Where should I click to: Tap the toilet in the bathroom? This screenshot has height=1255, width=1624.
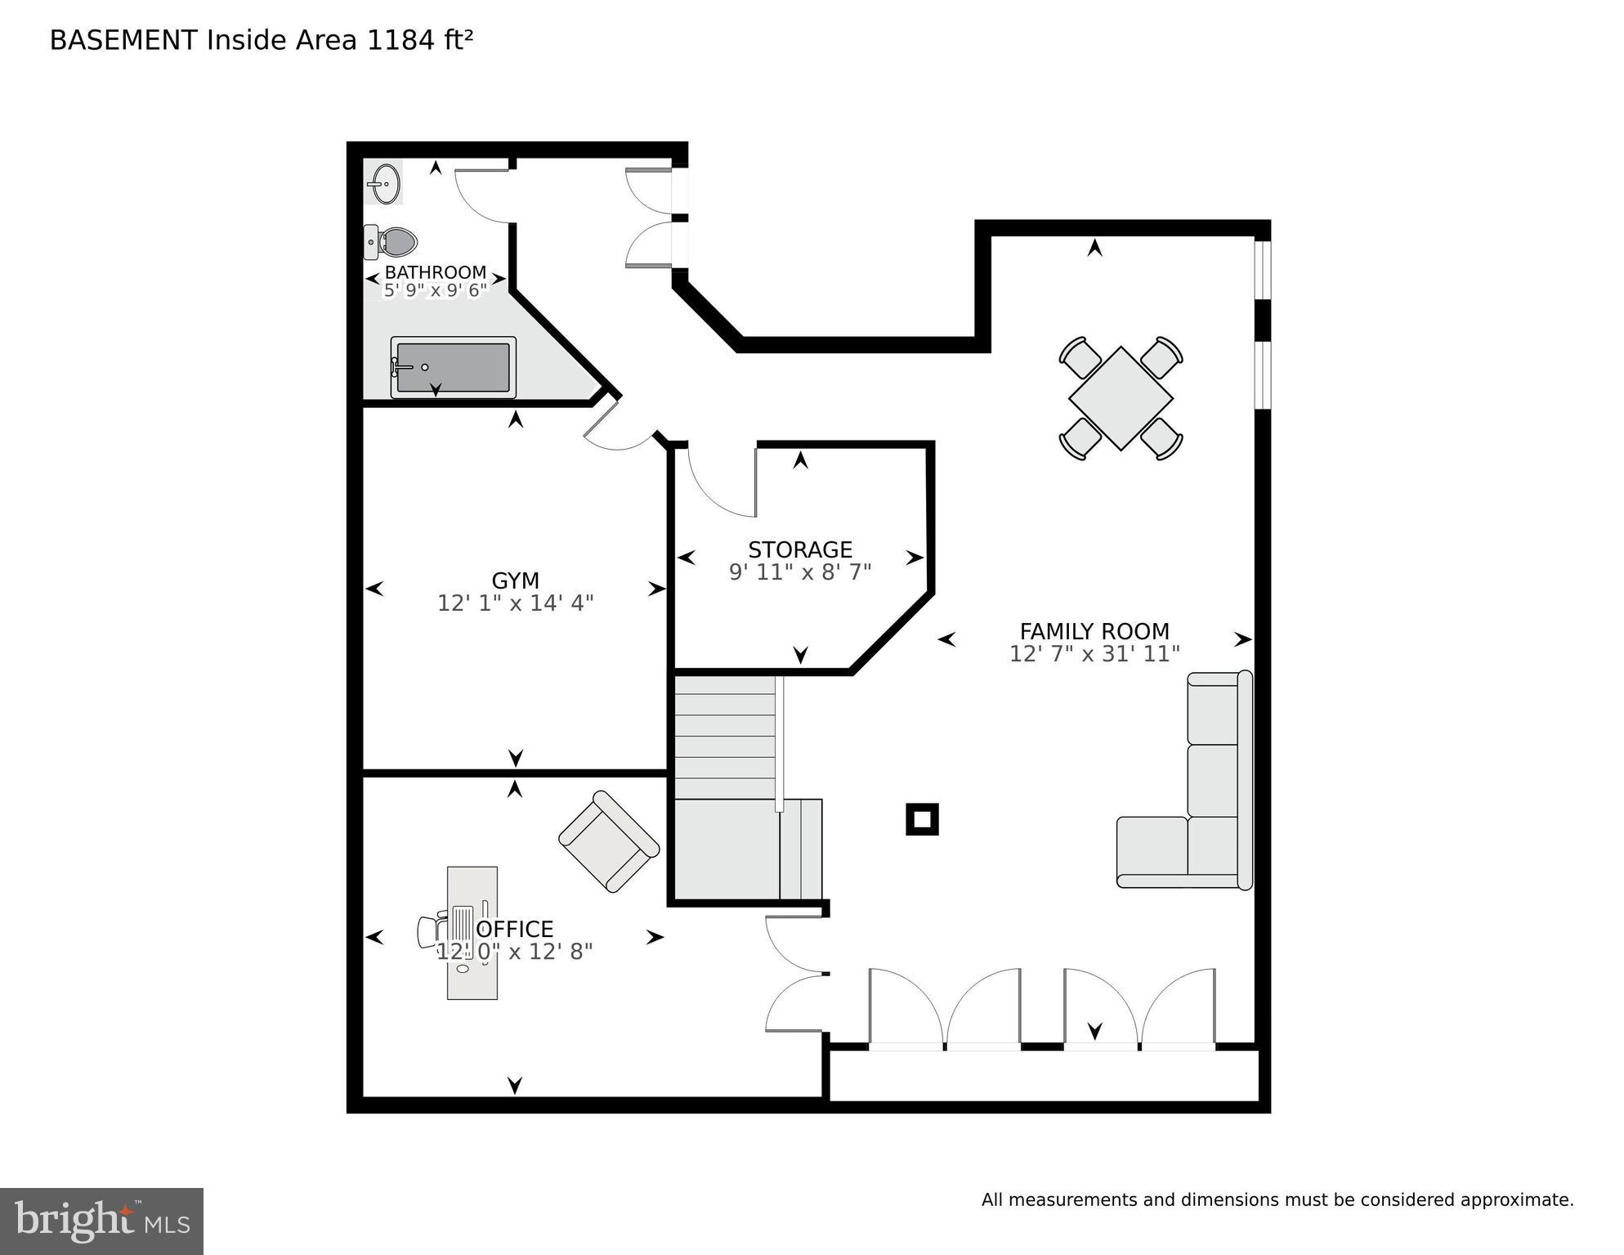[x=393, y=242]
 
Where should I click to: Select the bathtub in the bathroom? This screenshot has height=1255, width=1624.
[x=453, y=367]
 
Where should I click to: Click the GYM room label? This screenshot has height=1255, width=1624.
[x=515, y=580]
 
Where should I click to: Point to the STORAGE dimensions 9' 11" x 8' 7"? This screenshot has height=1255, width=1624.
[x=800, y=571]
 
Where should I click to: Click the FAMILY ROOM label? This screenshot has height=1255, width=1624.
[x=1094, y=631]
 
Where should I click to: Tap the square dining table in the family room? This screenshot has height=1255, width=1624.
[x=1121, y=398]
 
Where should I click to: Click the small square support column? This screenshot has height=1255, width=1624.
[x=922, y=818]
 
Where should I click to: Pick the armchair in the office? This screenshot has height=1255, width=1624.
[x=609, y=841]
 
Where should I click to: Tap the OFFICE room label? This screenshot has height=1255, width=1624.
[x=515, y=929]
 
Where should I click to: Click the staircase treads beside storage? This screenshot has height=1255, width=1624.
[x=724, y=736]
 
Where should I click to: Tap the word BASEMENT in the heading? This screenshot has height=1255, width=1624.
[x=123, y=40]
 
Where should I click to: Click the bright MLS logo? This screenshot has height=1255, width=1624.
[x=101, y=1221]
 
